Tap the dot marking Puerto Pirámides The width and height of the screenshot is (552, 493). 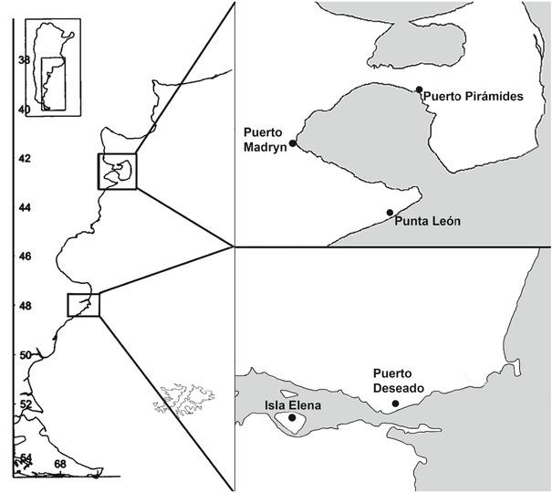tap(419, 89)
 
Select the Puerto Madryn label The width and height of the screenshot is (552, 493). tap(264, 136)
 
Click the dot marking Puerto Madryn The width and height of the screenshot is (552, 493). tap(293, 143)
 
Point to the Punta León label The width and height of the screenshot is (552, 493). tap(426, 221)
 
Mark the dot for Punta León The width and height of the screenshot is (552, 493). tap(390, 213)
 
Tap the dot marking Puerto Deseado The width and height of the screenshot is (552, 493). tap(395, 404)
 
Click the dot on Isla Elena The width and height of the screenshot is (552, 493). tap(292, 418)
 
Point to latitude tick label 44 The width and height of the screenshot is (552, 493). tap(25, 208)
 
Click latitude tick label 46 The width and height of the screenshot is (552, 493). tap(25, 257)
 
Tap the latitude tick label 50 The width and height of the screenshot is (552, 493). tap(25, 354)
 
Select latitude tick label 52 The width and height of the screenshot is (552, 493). tap(25, 404)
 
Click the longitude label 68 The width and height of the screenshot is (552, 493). tap(60, 465)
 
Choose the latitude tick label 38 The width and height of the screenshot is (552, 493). tap(25, 60)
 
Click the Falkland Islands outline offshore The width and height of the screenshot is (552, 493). tap(186, 398)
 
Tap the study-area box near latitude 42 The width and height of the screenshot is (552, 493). tap(117, 171)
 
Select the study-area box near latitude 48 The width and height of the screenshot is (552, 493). tap(83, 305)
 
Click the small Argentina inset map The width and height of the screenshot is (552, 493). tap(52, 66)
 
